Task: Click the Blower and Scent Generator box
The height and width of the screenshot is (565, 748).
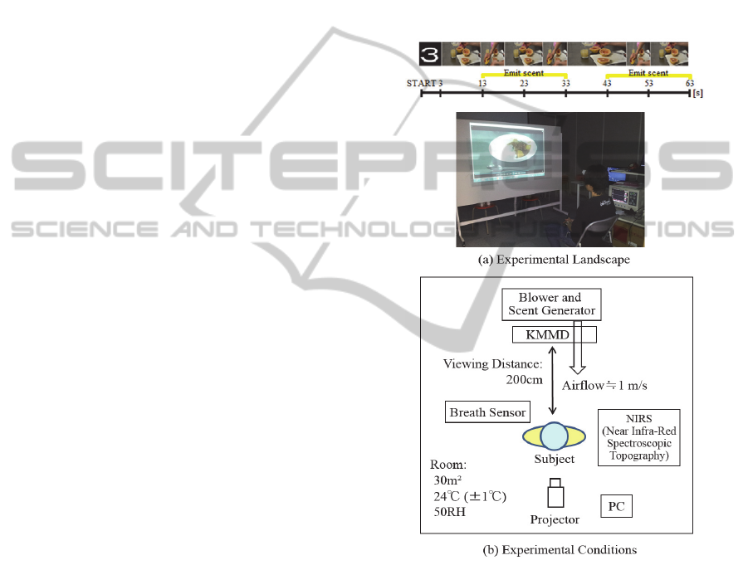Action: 550,304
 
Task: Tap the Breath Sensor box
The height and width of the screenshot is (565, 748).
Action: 487,412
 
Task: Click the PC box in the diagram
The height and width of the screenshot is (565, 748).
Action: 615,505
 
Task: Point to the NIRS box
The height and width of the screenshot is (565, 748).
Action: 638,436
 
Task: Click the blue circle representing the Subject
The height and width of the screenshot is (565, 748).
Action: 553,436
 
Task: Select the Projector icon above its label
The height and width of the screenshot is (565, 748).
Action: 555,495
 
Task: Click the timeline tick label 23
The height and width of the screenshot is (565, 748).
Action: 524,84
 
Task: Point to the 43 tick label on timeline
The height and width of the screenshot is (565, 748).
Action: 608,84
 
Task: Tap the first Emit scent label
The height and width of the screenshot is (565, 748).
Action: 524,73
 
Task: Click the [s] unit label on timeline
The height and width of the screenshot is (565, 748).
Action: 697,93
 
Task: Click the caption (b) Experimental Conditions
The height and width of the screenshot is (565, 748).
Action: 555,548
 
